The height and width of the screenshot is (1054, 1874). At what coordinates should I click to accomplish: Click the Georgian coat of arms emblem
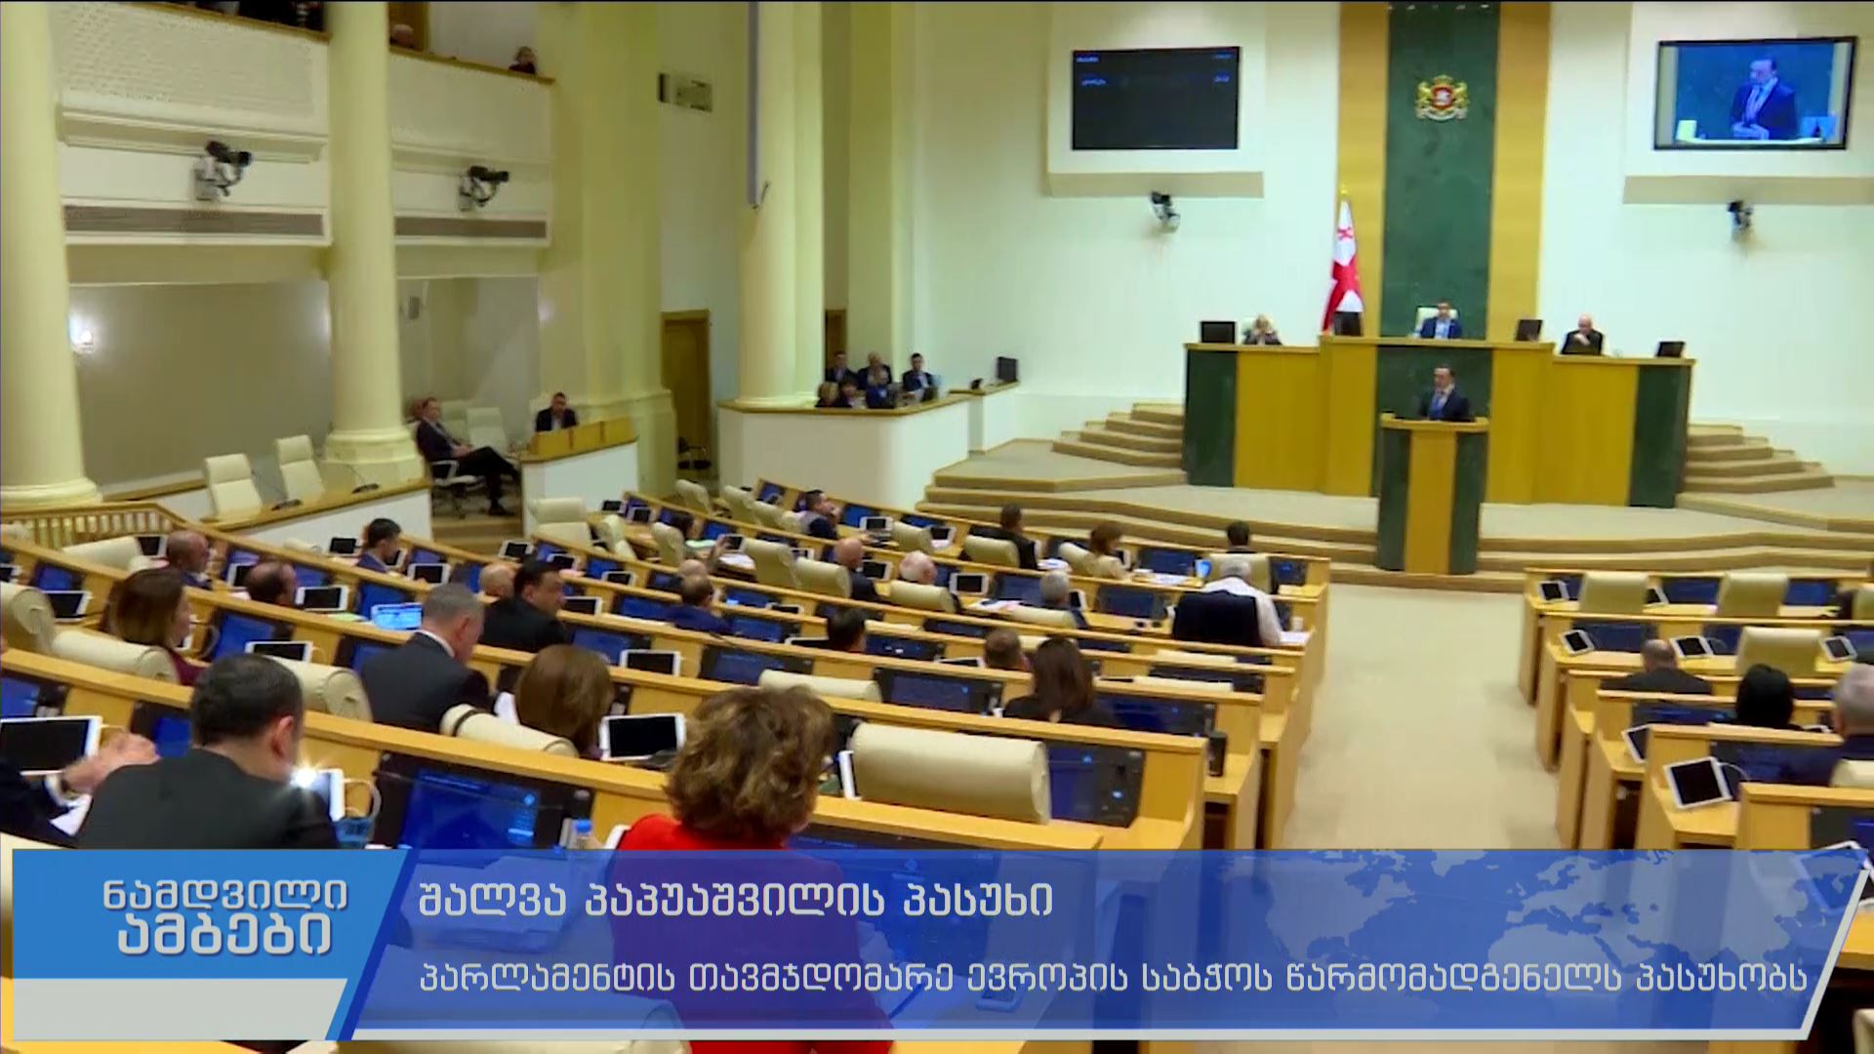pos(1442,96)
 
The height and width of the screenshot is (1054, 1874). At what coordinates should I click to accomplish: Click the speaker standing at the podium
pos(1444,395)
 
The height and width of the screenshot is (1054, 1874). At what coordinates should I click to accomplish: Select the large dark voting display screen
pos(1155,98)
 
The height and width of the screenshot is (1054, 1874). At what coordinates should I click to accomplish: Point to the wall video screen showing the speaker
pos(1754,94)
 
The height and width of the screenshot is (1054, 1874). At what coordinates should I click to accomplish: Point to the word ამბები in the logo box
pos(224,938)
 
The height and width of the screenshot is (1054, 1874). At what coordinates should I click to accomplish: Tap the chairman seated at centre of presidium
pos(1441,321)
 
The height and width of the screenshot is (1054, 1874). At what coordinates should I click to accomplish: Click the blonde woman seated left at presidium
pos(1261,331)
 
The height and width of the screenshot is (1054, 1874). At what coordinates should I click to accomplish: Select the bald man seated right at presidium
pos(1582,336)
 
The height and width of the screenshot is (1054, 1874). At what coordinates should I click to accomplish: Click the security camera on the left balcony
pos(223,168)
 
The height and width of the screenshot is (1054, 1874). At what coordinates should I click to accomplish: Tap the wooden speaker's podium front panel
pos(1431,498)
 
